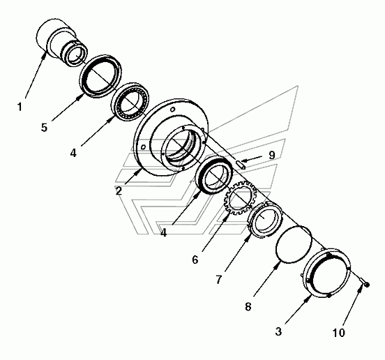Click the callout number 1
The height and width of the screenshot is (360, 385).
pos(20,107)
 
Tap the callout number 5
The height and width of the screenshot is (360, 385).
pos(44,128)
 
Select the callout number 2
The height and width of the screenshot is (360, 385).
pos(119,190)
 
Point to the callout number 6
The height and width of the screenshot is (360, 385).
pos(195,260)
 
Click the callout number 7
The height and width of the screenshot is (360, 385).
pos(219,279)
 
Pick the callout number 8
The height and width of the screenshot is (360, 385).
pos(248,306)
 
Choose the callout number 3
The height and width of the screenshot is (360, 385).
pos(278,331)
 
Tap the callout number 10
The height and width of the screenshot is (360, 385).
pos(339,333)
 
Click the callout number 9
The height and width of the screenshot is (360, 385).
pos(271,155)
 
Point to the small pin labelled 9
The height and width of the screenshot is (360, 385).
pos(241,164)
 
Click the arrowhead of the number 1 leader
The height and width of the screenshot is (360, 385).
pos(45,55)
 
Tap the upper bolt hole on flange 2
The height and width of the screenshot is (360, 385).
pos(172,109)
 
